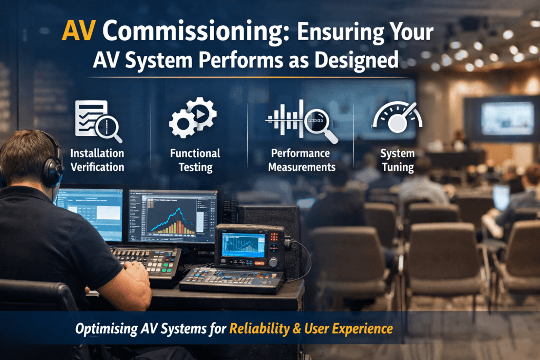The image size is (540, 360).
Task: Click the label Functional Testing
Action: click(x=195, y=160)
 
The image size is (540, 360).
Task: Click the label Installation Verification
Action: click(x=98, y=160)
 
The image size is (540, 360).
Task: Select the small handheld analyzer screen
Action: click(x=243, y=245)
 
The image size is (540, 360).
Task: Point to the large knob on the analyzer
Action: click(x=273, y=261)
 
